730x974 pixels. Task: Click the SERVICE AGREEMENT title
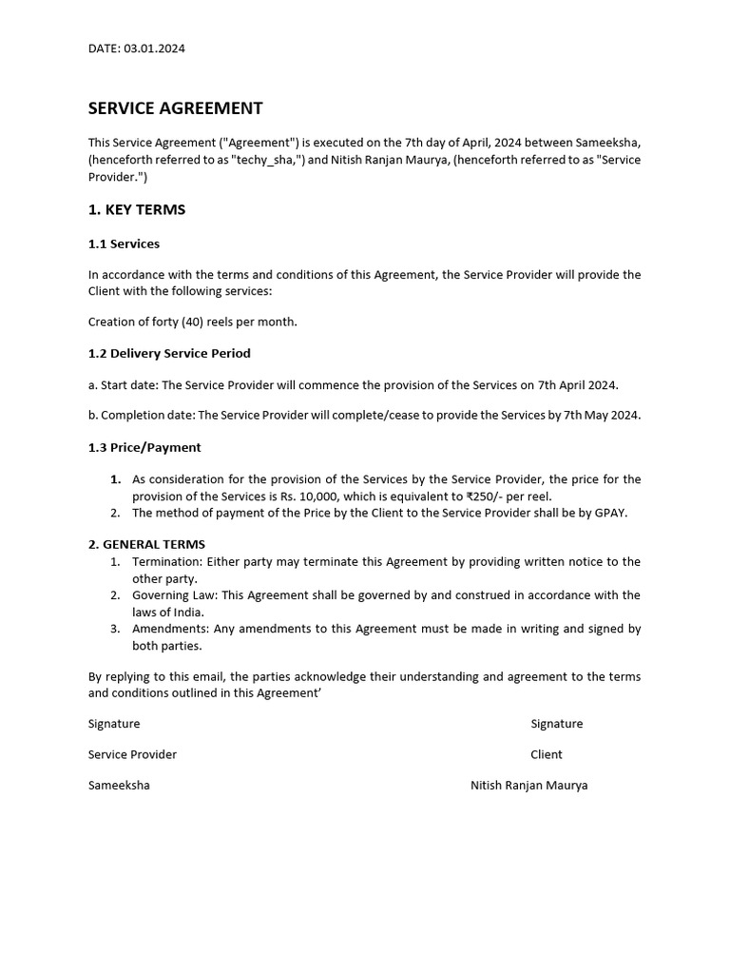(x=175, y=108)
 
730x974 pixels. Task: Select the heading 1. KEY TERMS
(x=137, y=209)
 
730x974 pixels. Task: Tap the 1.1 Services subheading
(x=124, y=243)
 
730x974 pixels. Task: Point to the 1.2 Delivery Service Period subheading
(x=169, y=353)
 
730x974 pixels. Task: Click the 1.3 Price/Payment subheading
(x=144, y=447)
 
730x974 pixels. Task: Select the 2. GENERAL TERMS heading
(x=146, y=544)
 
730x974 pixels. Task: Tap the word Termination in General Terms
(x=167, y=562)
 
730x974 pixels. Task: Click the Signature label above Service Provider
(x=114, y=724)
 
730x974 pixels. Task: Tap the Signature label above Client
(x=556, y=724)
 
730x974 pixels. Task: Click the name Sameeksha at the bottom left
(x=119, y=786)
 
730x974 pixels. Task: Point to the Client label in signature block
(x=547, y=754)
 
